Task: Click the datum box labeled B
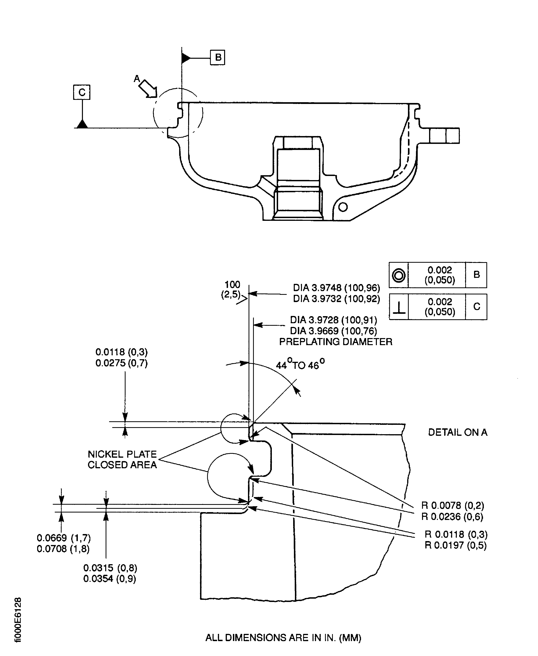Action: pyautogui.click(x=217, y=57)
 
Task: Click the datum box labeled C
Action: pyautogui.click(x=82, y=92)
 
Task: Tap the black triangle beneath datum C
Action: pyautogui.click(x=82, y=124)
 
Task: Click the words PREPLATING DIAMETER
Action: pyautogui.click(x=336, y=342)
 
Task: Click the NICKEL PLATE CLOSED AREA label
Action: pyautogui.click(x=122, y=459)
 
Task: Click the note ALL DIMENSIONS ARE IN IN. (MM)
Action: pyautogui.click(x=283, y=638)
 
